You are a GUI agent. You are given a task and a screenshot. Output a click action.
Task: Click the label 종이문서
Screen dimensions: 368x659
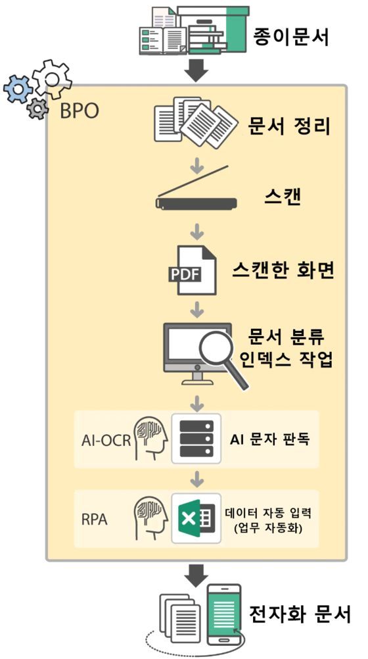290,37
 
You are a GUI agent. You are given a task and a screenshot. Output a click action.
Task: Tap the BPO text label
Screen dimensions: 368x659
80,111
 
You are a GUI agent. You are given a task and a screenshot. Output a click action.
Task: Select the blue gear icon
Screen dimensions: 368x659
17,89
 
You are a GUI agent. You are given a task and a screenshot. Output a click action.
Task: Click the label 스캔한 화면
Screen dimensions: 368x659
283,271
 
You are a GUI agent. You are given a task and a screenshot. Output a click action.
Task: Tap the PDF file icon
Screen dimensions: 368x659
192,270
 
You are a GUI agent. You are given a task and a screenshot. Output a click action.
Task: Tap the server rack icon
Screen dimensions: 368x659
196,439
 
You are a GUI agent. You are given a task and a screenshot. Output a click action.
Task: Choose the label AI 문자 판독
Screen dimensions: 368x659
269,439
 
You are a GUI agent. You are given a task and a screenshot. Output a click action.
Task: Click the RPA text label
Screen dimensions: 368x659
95,520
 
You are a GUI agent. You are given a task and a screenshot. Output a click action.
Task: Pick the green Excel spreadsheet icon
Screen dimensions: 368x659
196,518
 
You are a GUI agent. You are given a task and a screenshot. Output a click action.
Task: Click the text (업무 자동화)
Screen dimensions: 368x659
268,528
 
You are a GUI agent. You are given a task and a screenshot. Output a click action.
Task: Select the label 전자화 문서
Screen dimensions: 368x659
299,615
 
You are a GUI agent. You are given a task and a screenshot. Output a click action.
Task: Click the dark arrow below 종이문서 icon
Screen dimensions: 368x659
196,70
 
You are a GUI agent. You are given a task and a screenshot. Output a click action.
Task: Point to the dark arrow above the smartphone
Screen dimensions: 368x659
196,575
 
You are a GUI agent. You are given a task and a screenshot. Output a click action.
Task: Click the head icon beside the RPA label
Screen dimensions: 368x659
150,518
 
